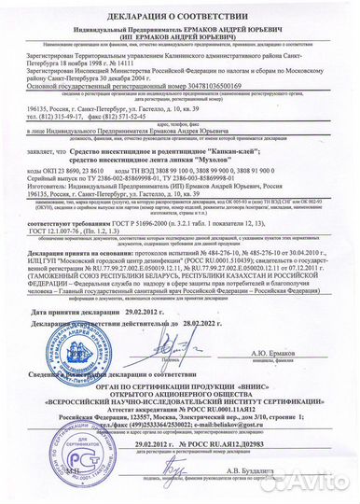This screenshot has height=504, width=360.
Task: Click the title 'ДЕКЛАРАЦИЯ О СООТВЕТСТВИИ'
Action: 180,9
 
